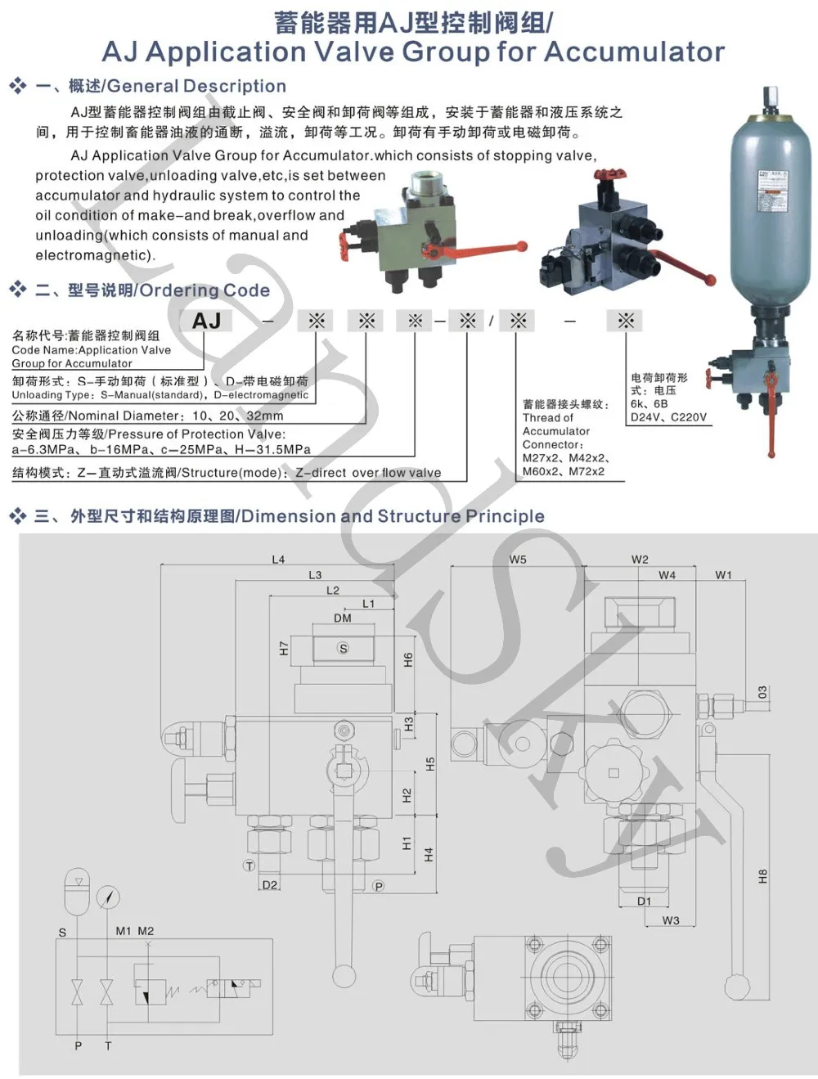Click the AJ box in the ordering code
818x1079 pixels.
click(x=206, y=321)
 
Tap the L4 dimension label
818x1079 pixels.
click(x=278, y=560)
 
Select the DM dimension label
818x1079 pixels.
click(x=342, y=618)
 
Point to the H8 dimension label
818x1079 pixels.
click(x=762, y=876)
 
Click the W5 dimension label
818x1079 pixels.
click(x=518, y=560)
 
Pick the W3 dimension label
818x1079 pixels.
click(x=671, y=920)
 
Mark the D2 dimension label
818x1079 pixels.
click(x=270, y=885)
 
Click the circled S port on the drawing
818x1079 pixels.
click(x=343, y=648)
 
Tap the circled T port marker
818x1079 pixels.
click(x=249, y=865)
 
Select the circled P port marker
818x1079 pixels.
click(x=378, y=886)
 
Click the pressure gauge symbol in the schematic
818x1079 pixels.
click(x=108, y=897)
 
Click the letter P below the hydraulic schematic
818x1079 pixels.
click(x=78, y=1045)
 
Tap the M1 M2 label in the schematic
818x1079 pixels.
click(x=135, y=931)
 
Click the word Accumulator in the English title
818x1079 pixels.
click(x=634, y=52)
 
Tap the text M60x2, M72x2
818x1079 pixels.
click(x=564, y=471)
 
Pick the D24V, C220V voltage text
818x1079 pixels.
click(x=668, y=416)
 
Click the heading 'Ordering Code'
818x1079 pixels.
click(x=204, y=290)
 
